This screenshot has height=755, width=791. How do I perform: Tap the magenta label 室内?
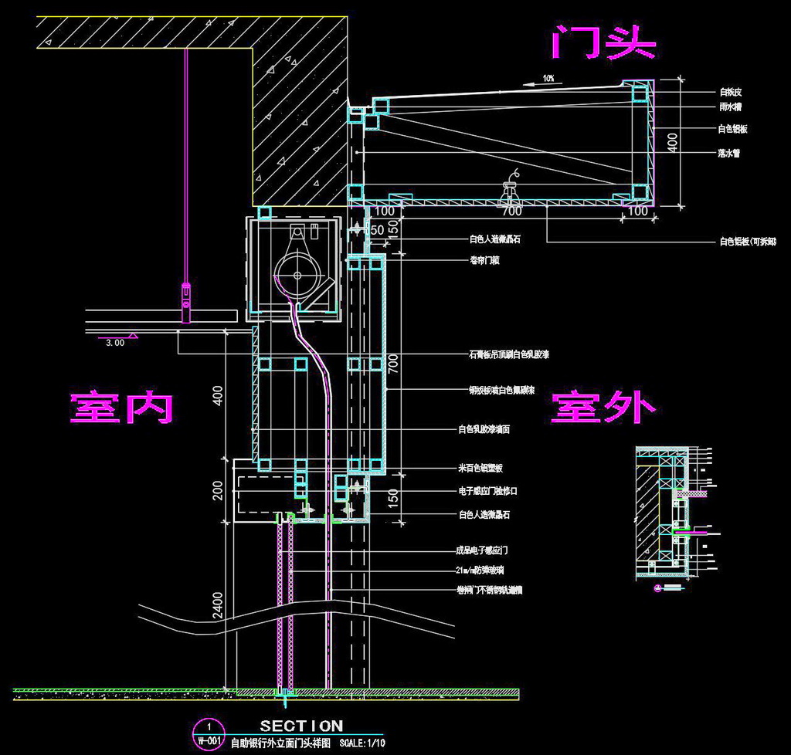tap(121, 407)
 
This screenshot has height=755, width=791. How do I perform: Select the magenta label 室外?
tap(603, 407)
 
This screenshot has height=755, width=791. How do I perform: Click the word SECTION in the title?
tap(301, 726)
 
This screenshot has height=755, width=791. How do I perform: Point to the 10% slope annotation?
tap(548, 78)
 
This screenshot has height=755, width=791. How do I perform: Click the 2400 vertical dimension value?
tap(219, 605)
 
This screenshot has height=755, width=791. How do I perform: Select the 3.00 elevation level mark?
tap(114, 343)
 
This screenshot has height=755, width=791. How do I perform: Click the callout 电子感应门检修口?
tap(498, 491)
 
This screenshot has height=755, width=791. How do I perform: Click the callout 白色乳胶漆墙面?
tap(484, 429)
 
